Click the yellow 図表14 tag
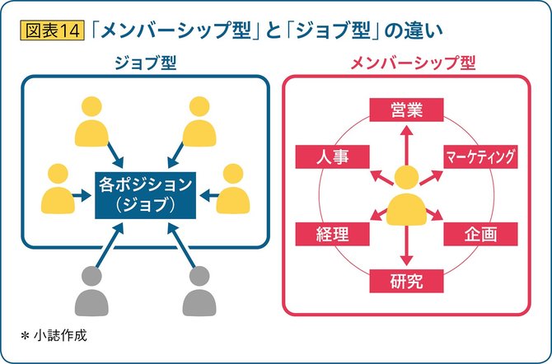pyautogui.click(x=52, y=30)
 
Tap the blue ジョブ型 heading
pyautogui.click(x=145, y=63)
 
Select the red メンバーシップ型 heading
pyautogui.click(x=414, y=63)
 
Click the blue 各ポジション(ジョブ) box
pyautogui.click(x=145, y=195)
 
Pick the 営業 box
pyautogui.click(x=406, y=110)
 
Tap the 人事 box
pyautogui.click(x=332, y=156)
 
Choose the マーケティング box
pyautogui.click(x=480, y=156)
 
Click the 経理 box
pyautogui.click(x=332, y=234)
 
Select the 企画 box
pyautogui.click(x=480, y=234)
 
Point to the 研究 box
pyautogui.click(x=406, y=281)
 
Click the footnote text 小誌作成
pyautogui.click(x=60, y=336)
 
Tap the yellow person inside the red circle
pyautogui.click(x=406, y=197)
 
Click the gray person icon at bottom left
pyautogui.click(x=91, y=291)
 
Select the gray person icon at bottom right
pyautogui.click(x=199, y=291)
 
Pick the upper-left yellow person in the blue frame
pyautogui.click(x=91, y=122)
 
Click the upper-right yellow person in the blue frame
pyautogui.click(x=199, y=122)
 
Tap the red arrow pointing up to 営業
pyautogui.click(x=407, y=145)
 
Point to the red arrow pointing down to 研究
pyautogui.click(x=407, y=245)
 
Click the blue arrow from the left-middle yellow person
pyautogui.click(x=82, y=195)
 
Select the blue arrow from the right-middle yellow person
pyautogui.click(x=209, y=195)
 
